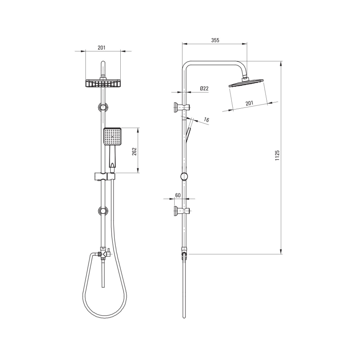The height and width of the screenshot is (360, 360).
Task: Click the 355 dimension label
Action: [215, 40]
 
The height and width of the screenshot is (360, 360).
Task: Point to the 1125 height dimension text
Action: [277, 156]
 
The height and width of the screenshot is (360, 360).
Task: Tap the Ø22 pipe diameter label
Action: [204, 88]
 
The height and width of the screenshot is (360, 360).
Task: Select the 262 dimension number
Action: [134, 151]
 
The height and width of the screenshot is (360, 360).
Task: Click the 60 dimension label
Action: [178, 195]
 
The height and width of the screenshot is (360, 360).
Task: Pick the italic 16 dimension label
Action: [206, 120]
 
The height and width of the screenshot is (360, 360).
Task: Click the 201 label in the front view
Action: [102, 48]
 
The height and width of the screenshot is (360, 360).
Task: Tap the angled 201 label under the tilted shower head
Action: [249, 103]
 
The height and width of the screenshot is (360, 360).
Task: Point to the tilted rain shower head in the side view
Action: [246, 83]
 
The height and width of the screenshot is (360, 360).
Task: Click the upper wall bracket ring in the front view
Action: [103, 107]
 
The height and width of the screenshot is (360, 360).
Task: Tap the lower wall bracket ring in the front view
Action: [103, 212]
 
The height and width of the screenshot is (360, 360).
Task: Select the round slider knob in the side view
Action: [184, 176]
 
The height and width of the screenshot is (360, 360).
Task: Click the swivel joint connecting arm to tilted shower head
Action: [246, 76]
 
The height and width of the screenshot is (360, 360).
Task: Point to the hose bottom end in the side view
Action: [184, 315]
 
